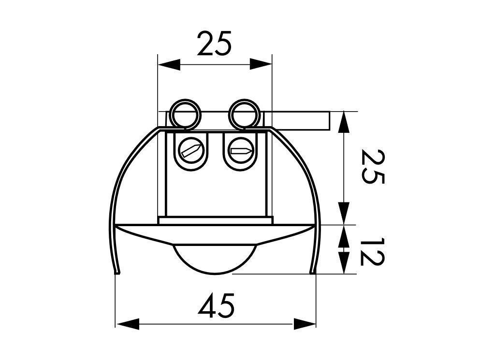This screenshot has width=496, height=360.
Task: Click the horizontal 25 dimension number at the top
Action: click(215, 43)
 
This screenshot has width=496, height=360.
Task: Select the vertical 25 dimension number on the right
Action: click(373, 167)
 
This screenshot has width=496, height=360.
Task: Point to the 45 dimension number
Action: click(217, 305)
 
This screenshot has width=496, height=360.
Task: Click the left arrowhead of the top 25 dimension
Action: click(169, 64)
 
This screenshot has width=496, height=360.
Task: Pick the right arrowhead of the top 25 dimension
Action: click(261, 64)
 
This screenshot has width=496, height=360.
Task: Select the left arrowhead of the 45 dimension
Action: click(127, 324)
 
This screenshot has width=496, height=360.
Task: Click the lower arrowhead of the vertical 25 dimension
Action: click(344, 214)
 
